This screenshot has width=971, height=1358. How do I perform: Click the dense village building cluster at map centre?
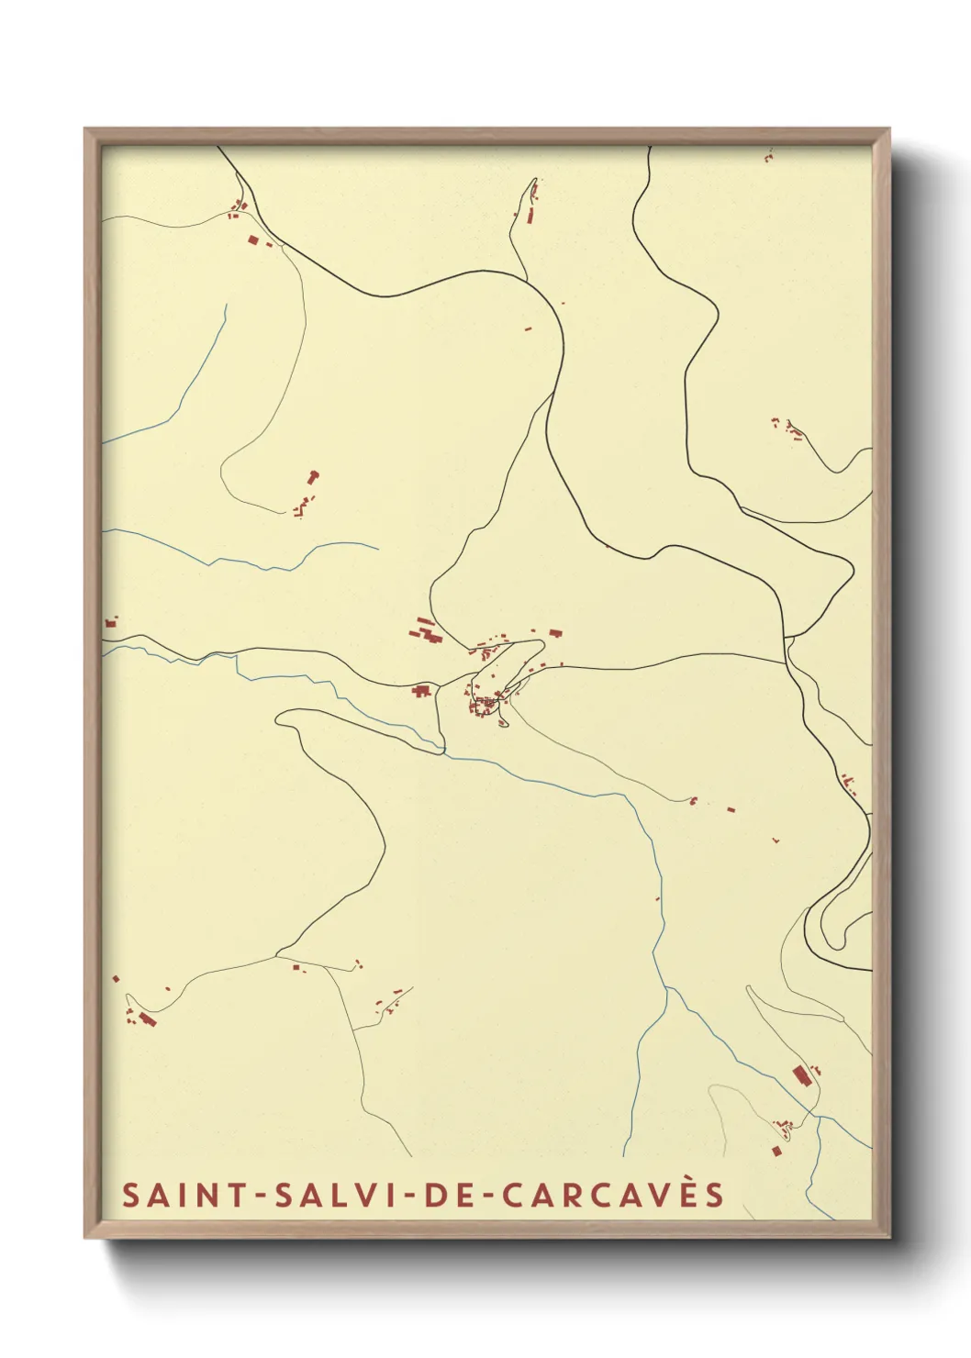[x=485, y=705]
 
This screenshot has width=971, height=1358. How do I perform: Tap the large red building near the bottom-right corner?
[x=799, y=1074]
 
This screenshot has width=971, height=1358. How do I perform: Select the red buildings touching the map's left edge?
[x=110, y=623]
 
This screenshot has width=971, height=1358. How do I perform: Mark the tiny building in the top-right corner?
[x=768, y=158]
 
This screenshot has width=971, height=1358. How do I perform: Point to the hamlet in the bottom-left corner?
[x=142, y=1016]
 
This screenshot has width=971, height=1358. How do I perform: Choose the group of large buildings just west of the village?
[x=425, y=630]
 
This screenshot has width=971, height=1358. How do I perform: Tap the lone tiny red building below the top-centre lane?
[x=528, y=328]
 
